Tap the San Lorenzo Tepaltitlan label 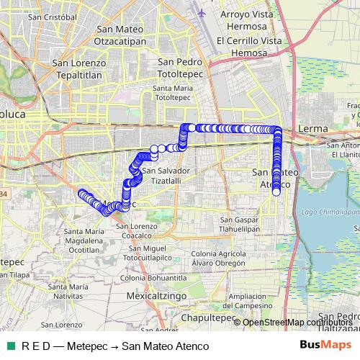pos(79,68)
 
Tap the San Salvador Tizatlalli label pos(166,176)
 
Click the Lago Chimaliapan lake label pos(330,212)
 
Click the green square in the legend pos(9,346)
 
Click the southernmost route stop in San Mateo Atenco pos(276,192)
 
